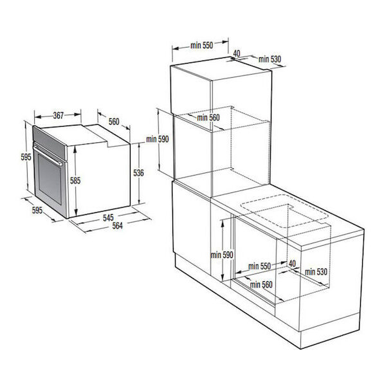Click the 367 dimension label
click(59, 115)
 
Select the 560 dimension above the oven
click(114, 122)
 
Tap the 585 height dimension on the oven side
click(75, 180)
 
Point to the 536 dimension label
click(138, 173)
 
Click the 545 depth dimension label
click(108, 217)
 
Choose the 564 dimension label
click(117, 226)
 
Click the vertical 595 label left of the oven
click(26, 157)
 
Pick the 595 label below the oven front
click(37, 210)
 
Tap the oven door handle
click(48, 155)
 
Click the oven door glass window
click(50, 179)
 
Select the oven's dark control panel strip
click(50, 143)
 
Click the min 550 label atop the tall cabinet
click(201, 45)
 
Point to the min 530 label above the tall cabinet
click(270, 59)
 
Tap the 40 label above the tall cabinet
click(237, 53)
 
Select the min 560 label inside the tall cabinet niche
click(208, 118)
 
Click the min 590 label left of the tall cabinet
click(158, 139)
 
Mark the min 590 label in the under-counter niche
click(221, 255)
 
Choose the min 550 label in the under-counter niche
click(259, 266)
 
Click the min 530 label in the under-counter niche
click(316, 271)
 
